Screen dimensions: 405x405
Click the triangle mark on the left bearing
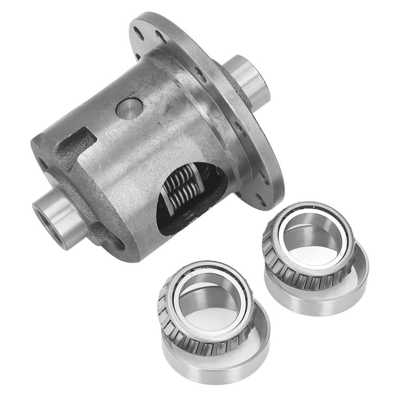point(192,274)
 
